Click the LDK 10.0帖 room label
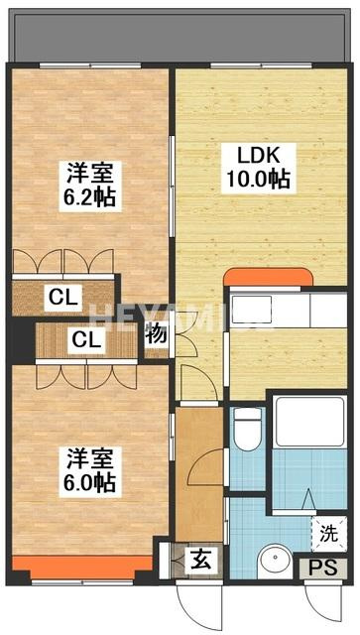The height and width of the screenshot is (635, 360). tap(259, 168)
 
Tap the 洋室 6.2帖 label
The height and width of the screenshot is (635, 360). tap(90, 187)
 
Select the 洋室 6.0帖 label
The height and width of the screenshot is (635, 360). tap(90, 472)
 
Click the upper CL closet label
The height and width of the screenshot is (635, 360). tap(63, 298)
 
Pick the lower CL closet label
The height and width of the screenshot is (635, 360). tap(86, 340)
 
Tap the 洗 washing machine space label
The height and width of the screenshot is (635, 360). tap(329, 534)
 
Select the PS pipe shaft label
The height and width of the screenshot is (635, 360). tap(322, 569)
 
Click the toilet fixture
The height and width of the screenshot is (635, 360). tap(248, 428)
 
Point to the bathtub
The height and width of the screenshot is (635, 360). tap(309, 422)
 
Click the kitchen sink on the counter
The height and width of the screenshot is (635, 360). tap(251, 309)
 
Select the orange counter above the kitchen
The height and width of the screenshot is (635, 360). tap(268, 277)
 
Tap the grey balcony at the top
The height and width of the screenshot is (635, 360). tap(179, 36)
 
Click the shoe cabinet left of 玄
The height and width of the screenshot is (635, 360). tap(164, 561)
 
